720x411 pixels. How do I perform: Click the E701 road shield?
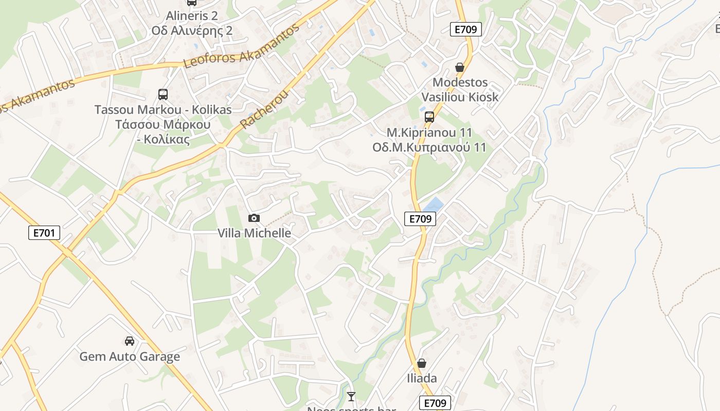click(x=44, y=233)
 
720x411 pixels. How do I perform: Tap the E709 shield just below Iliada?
click(x=435, y=403)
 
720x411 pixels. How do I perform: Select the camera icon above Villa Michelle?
click(x=254, y=218)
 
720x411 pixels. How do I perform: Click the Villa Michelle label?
click(x=254, y=233)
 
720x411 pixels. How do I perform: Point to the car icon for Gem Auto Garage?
click(x=130, y=341)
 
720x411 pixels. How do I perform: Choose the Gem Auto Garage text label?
click(x=130, y=357)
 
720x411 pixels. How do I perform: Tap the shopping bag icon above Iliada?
click(x=422, y=363)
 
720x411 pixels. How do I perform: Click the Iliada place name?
click(x=422, y=379)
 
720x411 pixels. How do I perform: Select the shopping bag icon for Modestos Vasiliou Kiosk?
click(x=460, y=67)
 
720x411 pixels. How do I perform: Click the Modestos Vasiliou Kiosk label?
click(x=460, y=89)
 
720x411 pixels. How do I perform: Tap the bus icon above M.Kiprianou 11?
click(x=429, y=117)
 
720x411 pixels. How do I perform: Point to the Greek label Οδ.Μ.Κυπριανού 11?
click(x=429, y=147)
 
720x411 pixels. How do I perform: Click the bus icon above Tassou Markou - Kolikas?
click(x=163, y=95)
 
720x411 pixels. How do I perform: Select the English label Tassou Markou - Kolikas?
click(x=163, y=109)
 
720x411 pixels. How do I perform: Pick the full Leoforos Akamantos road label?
click(x=241, y=46)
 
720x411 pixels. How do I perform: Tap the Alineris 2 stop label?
click(x=192, y=16)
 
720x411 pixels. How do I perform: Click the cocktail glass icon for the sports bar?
click(x=351, y=396)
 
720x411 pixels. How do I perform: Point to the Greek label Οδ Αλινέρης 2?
click(x=192, y=31)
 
